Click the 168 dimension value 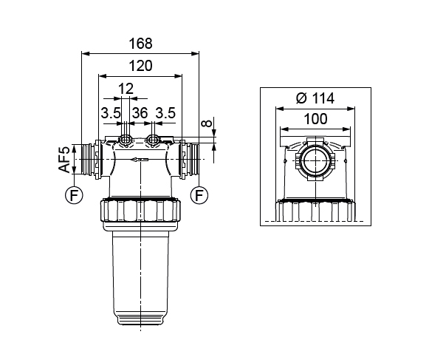140,44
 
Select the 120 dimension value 140,66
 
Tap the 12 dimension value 126,89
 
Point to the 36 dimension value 140,113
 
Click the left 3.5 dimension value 111,113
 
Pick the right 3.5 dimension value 165,113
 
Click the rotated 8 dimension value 207,123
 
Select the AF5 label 64,160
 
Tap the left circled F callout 74,195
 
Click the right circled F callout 199,195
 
